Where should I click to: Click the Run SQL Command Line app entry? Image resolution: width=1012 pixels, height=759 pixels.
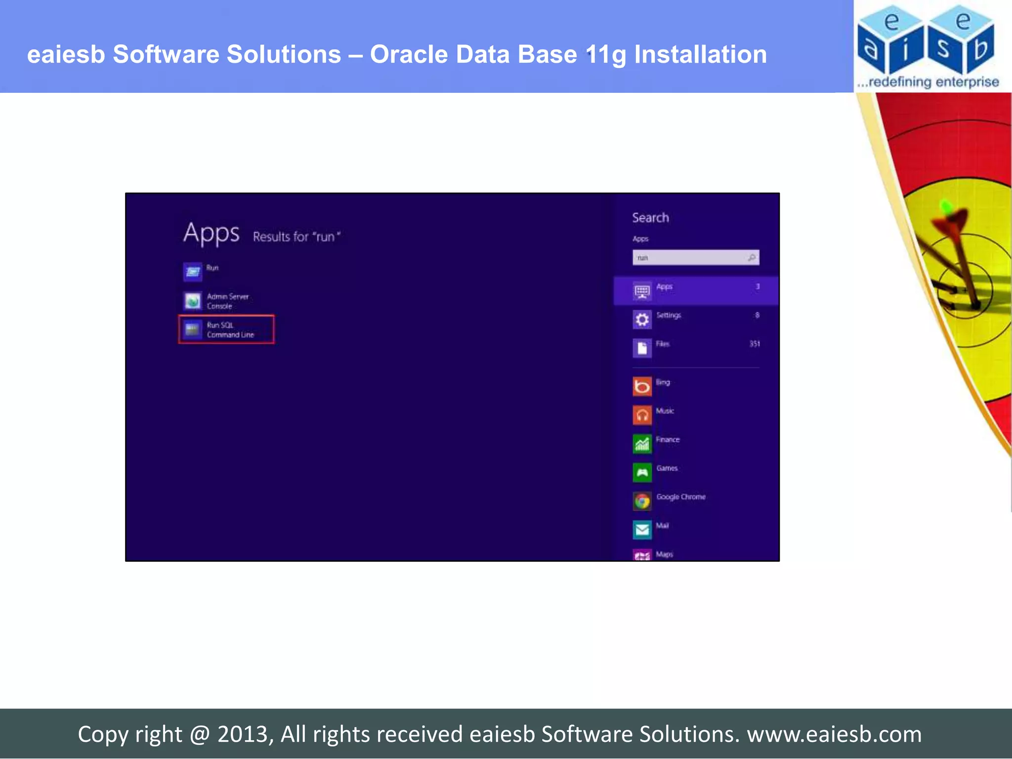pyautogui.click(x=226, y=330)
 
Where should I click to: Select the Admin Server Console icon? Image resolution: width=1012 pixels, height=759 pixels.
pyautogui.click(x=193, y=300)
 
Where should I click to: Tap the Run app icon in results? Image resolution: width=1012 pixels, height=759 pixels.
pyautogui.click(x=193, y=272)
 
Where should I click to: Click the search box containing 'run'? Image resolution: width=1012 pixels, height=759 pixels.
pyautogui.click(x=689, y=257)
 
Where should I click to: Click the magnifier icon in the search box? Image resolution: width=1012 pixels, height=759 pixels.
pyautogui.click(x=752, y=257)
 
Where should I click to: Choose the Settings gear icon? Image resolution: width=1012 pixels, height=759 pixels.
pyautogui.click(x=642, y=320)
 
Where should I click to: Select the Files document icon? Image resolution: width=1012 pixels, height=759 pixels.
pyautogui.click(x=642, y=348)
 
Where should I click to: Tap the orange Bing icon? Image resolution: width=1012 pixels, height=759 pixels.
pyautogui.click(x=642, y=386)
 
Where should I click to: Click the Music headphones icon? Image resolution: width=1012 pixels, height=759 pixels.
pyautogui.click(x=642, y=415)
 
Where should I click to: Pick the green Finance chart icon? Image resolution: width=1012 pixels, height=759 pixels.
pyautogui.click(x=642, y=444)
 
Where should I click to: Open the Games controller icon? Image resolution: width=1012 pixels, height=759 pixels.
pyautogui.click(x=642, y=472)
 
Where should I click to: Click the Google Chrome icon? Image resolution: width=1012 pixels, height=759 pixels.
pyautogui.click(x=642, y=501)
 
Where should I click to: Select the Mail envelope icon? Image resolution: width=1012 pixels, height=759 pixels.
pyautogui.click(x=642, y=530)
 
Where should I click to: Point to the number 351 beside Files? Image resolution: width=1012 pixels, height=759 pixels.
pyautogui.click(x=754, y=344)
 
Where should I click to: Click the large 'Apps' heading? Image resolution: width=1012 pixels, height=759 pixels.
pyautogui.click(x=211, y=233)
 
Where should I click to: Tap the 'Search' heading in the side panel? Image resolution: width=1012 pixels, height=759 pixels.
pyautogui.click(x=650, y=218)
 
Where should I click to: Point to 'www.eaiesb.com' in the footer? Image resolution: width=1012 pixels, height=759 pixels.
pyautogui.click(x=834, y=734)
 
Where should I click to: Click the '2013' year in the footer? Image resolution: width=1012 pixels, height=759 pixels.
pyautogui.click(x=242, y=734)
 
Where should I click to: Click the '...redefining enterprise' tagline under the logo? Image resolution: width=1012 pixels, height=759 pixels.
pyautogui.click(x=928, y=82)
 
